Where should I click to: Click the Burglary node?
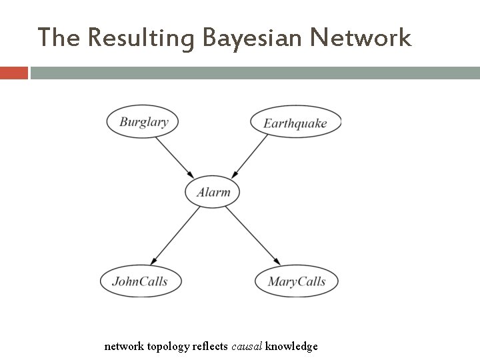(143, 122)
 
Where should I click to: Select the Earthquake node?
(295, 123)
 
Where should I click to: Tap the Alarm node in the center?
(213, 193)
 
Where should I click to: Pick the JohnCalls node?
(140, 281)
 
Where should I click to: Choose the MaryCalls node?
(297, 281)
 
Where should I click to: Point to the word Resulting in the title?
(139, 39)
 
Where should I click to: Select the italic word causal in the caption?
(247, 346)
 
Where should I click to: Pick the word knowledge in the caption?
(291, 346)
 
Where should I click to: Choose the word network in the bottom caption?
(123, 346)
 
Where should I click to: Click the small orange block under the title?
(13, 72)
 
